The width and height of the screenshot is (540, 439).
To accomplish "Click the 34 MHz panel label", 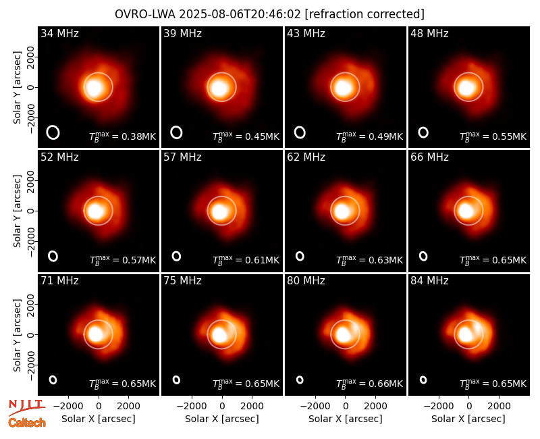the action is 59,33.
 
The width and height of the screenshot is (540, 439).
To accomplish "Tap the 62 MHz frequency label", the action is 306,157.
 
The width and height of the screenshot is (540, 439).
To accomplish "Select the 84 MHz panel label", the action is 429,281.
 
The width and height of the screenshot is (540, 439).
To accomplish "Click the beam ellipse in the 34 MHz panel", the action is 53,132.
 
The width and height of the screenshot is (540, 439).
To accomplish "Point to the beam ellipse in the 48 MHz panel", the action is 423,132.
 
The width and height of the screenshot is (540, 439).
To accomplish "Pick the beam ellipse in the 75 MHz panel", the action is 176,380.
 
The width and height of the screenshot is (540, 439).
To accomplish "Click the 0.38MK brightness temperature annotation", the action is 123,136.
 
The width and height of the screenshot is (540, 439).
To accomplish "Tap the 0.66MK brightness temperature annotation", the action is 369,383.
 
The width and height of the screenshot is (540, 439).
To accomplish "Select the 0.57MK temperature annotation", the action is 123,259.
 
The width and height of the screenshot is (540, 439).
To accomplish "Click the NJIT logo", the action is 26,407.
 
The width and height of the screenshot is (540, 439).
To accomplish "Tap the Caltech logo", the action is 27,423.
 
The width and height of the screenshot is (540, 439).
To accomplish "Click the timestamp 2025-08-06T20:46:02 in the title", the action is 240,14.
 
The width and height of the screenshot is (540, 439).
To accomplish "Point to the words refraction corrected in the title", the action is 364,14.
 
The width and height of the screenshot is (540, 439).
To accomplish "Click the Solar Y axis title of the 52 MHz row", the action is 17,211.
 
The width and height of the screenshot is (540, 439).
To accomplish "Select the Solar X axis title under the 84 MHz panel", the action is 468,419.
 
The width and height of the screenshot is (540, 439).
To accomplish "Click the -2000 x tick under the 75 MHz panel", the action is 191,407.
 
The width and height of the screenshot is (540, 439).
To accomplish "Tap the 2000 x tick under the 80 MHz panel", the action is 376,407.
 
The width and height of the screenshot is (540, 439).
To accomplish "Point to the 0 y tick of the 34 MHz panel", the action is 32,87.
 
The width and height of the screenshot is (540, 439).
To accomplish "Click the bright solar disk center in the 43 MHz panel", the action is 343,88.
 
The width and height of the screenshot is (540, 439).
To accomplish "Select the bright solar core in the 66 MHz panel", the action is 466,211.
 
